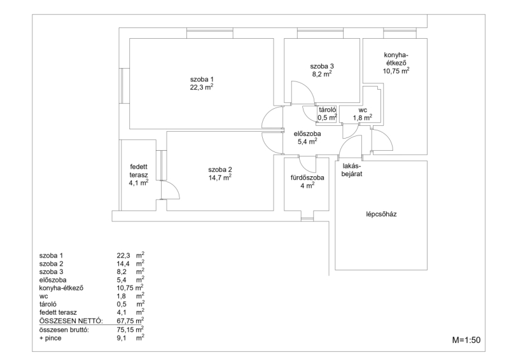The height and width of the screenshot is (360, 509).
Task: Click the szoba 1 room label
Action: tap(202, 80)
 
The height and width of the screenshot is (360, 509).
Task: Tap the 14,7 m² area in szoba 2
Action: tap(220, 177)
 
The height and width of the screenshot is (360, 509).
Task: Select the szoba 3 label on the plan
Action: tap(322, 66)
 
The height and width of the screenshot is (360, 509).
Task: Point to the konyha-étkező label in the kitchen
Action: tap(396, 59)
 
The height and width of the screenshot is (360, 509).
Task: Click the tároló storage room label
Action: tap(327, 110)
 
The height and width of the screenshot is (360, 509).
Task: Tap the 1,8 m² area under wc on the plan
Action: tap(363, 118)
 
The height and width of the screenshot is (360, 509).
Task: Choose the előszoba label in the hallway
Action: tap(307, 134)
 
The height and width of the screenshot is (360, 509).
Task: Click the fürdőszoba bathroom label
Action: tap(307, 177)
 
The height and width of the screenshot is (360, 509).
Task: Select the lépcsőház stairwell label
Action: tap(381, 214)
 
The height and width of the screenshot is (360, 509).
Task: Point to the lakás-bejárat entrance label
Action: tap(352, 170)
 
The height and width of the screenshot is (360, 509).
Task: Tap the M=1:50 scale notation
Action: tap(466, 340)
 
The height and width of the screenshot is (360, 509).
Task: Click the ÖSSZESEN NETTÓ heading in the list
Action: tap(71, 321)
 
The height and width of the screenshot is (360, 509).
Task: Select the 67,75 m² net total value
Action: tap(130, 321)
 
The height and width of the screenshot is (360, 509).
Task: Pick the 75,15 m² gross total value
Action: tap(130, 329)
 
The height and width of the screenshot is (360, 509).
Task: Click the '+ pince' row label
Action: tap(50, 338)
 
